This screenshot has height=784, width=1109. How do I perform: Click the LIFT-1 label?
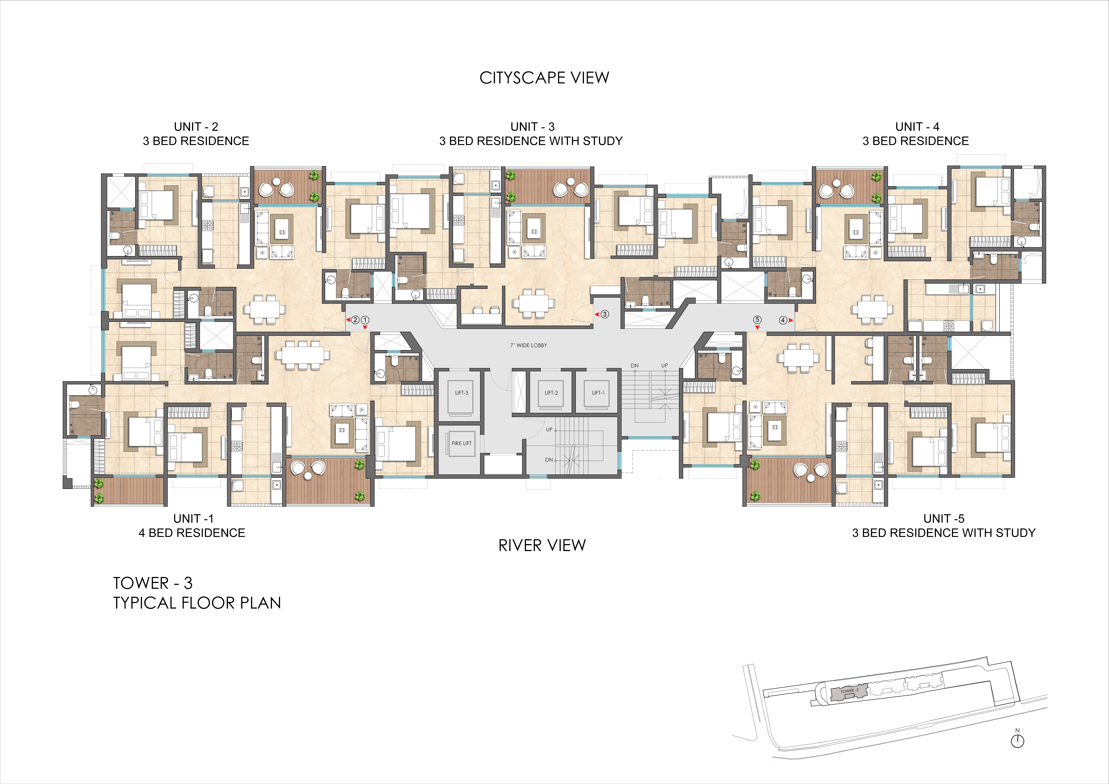pyautogui.click(x=598, y=393)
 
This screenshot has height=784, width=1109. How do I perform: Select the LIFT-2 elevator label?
pyautogui.click(x=551, y=393)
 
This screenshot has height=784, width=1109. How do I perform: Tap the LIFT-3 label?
pyautogui.click(x=462, y=393)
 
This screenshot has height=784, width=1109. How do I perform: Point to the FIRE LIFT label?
pyautogui.click(x=461, y=443)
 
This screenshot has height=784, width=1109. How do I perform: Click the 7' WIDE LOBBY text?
pyautogui.click(x=528, y=345)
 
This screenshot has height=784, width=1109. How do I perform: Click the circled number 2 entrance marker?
pyautogui.click(x=355, y=320)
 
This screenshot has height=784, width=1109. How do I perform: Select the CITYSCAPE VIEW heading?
pyautogui.click(x=544, y=78)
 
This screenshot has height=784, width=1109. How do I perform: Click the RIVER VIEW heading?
pyautogui.click(x=542, y=545)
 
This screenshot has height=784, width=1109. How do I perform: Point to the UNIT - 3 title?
pyautogui.click(x=532, y=127)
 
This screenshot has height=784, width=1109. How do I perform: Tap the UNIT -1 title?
pyautogui.click(x=193, y=518)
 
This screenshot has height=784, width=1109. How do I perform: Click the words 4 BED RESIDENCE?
pyautogui.click(x=192, y=533)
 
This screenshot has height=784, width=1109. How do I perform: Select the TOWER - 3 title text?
pyautogui.click(x=153, y=583)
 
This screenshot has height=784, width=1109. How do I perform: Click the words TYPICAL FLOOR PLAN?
pyautogui.click(x=197, y=603)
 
